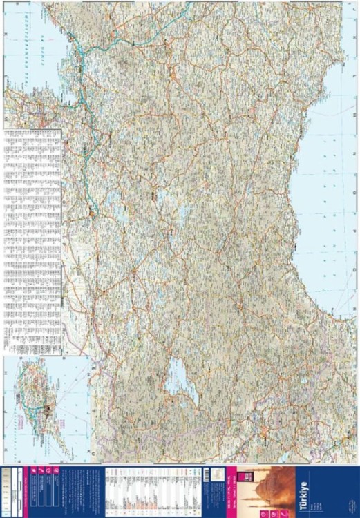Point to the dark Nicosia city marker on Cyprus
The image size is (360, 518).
[x=47, y=409]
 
